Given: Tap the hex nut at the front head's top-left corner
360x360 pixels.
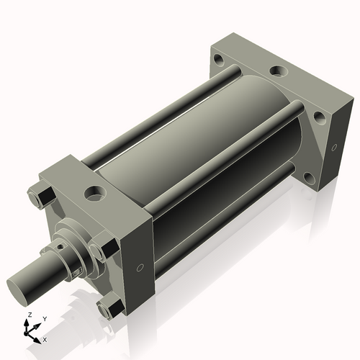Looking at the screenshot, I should pos(40,197).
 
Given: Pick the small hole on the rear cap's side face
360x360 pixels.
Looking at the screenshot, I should pos(334,149).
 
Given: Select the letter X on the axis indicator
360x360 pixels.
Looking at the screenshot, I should pos(45,338).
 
